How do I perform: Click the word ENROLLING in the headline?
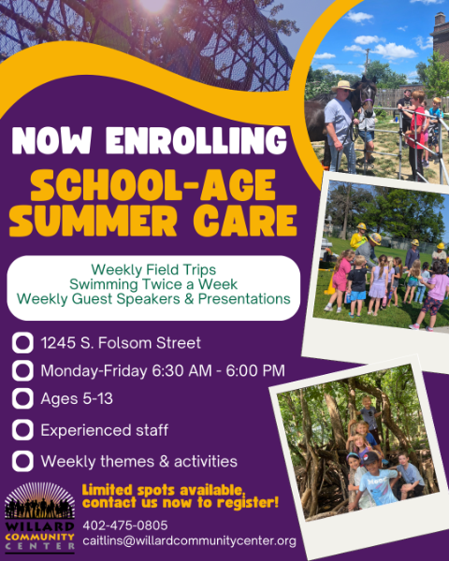tap(196, 140)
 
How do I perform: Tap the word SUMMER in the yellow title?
tap(94, 221)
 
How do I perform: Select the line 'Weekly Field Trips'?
tap(153, 269)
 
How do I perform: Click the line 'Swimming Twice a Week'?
tap(153, 284)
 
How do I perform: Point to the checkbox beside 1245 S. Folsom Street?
tap(22, 343)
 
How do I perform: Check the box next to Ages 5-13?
tap(22, 398)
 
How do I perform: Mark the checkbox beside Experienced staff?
tap(22, 430)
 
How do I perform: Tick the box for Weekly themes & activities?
tap(22, 461)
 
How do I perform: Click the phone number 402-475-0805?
tap(125, 525)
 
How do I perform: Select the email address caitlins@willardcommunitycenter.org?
tap(189, 541)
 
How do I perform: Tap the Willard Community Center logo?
tap(39, 517)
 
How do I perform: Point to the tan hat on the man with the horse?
tap(342, 86)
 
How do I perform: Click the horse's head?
tap(367, 93)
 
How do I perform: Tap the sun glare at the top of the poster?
tap(153, 5)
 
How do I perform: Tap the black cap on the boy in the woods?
tap(371, 458)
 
